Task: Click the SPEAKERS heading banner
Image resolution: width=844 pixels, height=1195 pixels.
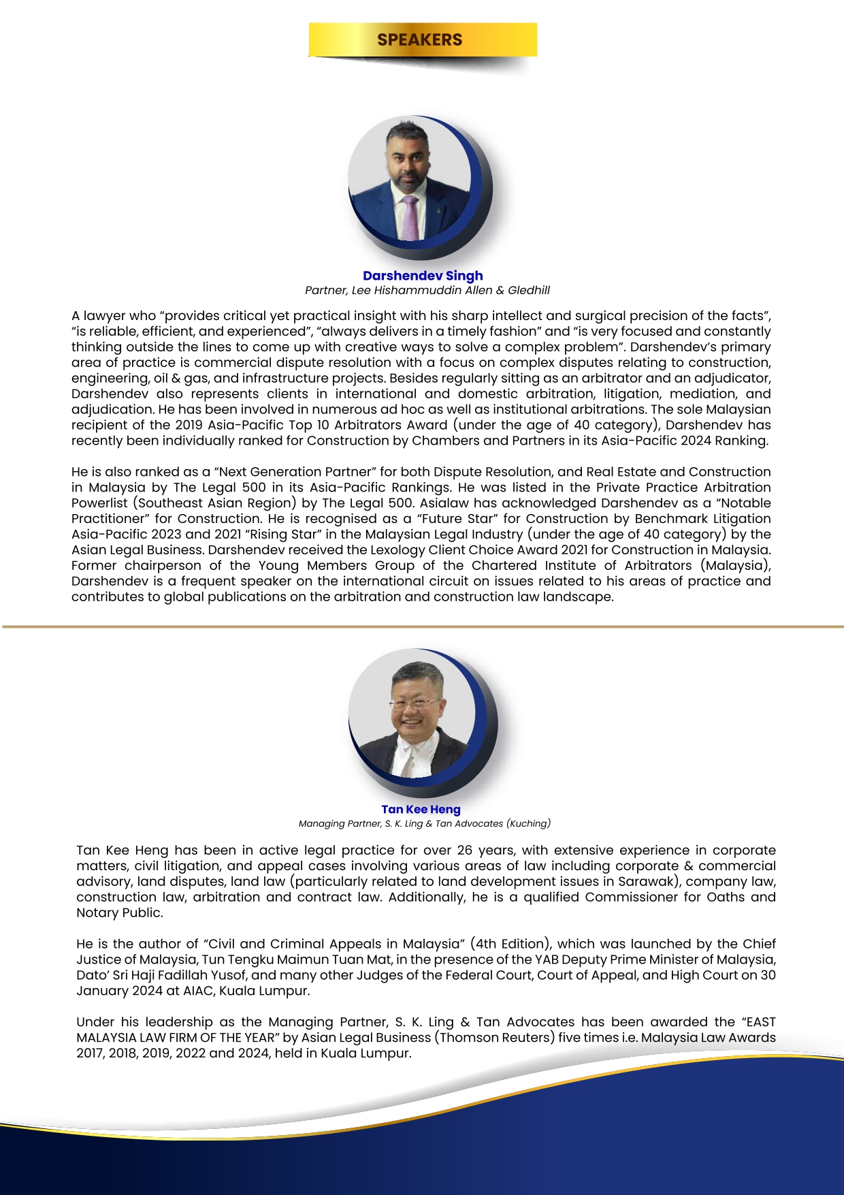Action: [x=422, y=39]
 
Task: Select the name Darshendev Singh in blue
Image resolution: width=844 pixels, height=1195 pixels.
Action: [x=423, y=276]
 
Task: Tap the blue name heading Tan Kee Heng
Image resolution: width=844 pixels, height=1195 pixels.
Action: [x=421, y=809]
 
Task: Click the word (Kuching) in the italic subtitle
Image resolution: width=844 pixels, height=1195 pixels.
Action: [x=528, y=823]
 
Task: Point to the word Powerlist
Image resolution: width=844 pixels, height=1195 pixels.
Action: [x=100, y=503]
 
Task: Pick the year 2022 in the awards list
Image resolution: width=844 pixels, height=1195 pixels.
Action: [x=191, y=1053]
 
